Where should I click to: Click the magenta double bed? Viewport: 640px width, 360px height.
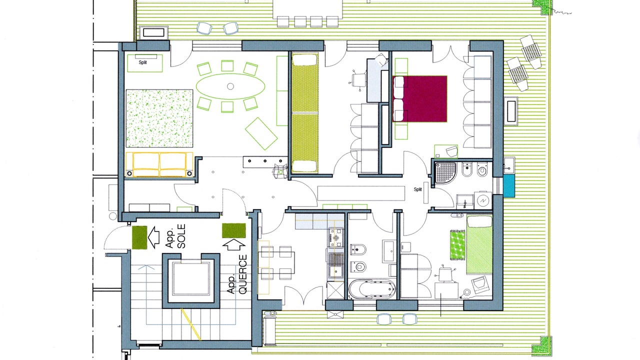[419, 99]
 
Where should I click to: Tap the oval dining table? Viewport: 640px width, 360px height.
[230, 86]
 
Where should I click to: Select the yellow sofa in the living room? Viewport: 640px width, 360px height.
[159, 164]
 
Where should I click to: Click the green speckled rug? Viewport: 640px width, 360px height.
[159, 118]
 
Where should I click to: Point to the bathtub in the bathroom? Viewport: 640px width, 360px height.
[372, 289]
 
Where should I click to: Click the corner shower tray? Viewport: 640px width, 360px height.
[445, 172]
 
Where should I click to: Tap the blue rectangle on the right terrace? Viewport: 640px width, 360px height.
[509, 186]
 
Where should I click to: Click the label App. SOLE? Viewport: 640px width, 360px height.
[175, 236]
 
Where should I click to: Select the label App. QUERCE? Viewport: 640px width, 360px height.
[237, 274]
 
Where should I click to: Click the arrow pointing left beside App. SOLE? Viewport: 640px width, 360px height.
[153, 237]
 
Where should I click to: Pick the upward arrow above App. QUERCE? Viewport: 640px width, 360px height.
[233, 245]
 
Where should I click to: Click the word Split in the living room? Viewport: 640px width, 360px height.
[143, 62]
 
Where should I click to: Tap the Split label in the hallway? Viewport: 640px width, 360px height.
[417, 189]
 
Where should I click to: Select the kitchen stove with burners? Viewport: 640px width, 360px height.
[336, 237]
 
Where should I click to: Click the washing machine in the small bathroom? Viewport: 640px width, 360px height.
[483, 201]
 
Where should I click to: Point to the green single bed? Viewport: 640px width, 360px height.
[479, 245]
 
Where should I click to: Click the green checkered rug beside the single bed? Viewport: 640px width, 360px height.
[457, 245]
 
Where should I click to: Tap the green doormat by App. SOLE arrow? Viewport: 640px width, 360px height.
[139, 237]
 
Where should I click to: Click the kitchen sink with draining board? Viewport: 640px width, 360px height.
[336, 265]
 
